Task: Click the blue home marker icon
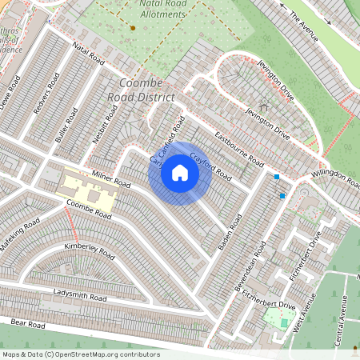pyautogui.click(x=180, y=173)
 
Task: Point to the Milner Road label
pyautogui.click(x=110, y=178)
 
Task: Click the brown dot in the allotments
pyautogui.click(x=133, y=28)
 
